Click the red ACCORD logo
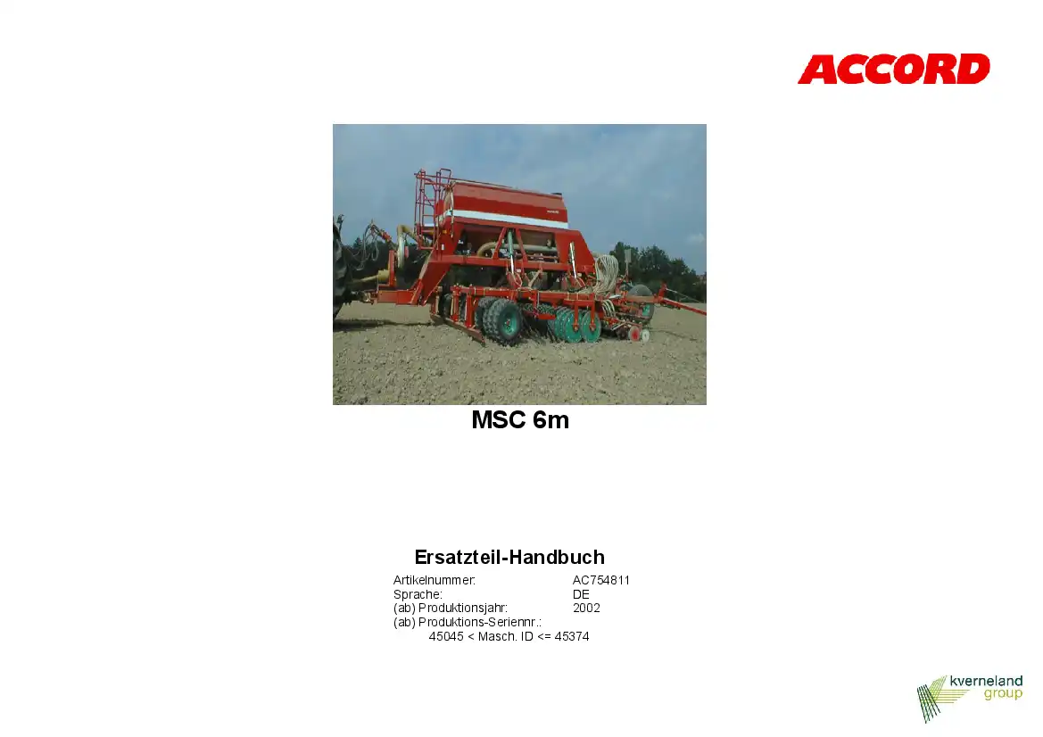click(x=893, y=70)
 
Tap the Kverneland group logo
click(x=969, y=698)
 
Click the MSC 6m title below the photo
click(x=520, y=419)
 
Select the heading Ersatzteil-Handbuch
click(x=509, y=557)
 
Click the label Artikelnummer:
click(x=435, y=580)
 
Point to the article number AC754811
click(x=601, y=580)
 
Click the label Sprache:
click(x=418, y=594)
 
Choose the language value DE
click(x=581, y=594)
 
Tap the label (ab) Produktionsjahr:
click(x=451, y=608)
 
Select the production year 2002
click(x=586, y=608)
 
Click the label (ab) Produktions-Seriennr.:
click(x=467, y=623)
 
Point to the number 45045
click(x=446, y=636)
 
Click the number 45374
click(x=572, y=636)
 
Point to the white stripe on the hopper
click(x=507, y=219)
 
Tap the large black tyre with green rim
click(x=503, y=322)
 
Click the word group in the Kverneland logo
click(x=1003, y=694)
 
